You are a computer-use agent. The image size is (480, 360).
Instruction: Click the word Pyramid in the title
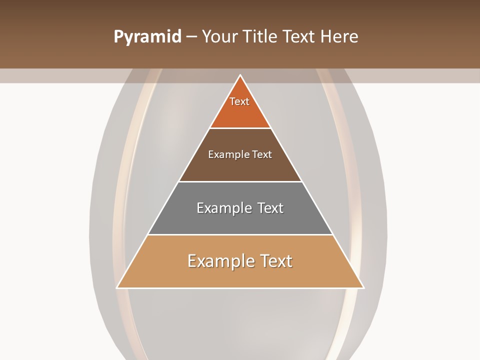[x=147, y=37]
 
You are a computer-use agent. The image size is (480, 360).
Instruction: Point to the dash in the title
[x=191, y=37]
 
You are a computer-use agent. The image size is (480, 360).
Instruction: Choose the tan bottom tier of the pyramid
[x=240, y=275]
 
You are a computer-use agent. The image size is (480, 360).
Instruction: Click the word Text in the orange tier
[x=239, y=101]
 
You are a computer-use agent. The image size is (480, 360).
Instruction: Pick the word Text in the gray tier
[x=270, y=208]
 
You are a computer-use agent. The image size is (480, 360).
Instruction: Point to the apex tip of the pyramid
[x=240, y=76]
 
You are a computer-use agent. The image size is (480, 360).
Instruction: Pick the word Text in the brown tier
[x=262, y=155]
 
